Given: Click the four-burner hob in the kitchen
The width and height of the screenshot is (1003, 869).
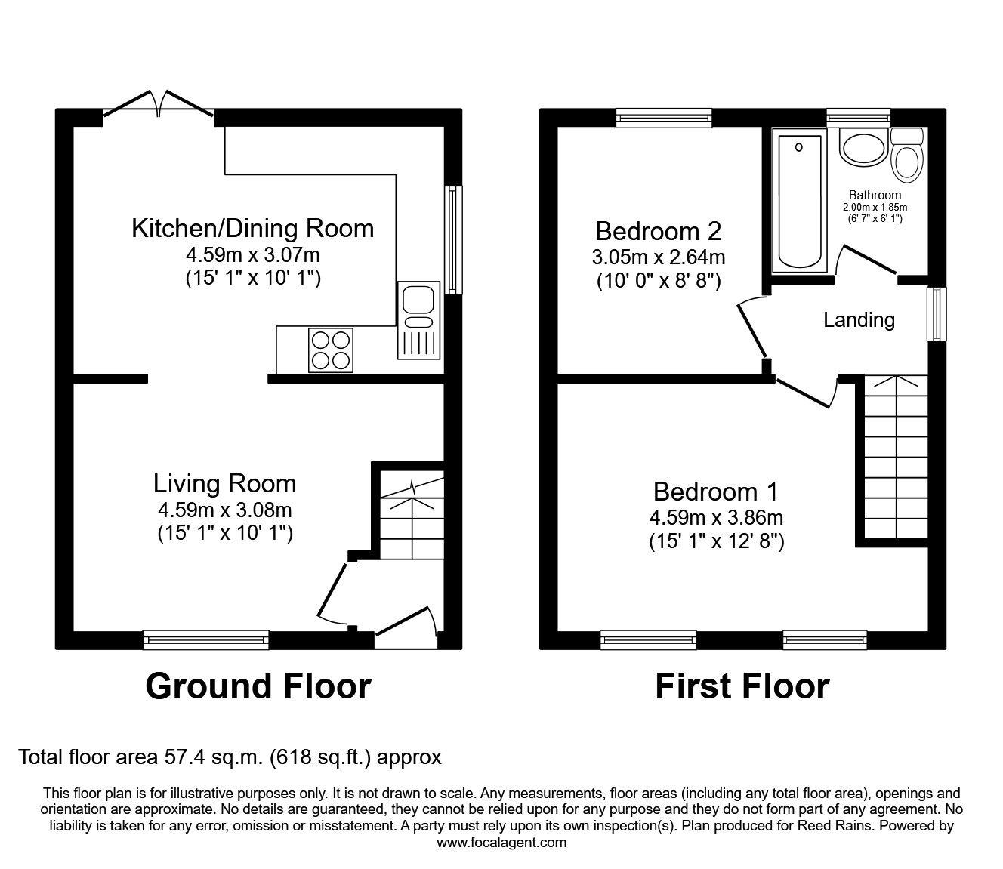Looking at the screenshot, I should click(331, 350).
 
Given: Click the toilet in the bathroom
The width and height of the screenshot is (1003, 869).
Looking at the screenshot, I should click(906, 157).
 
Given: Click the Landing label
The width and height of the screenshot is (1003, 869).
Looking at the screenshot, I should click(859, 320).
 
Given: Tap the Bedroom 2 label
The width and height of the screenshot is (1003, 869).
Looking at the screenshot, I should click(658, 230).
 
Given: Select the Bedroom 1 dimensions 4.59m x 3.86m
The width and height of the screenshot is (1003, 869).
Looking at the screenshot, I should click(715, 518).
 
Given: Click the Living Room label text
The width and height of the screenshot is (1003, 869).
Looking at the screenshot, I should click(224, 483).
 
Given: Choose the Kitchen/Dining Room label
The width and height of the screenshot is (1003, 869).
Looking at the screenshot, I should click(252, 228).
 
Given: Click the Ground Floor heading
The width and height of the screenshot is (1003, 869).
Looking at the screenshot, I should click(258, 686).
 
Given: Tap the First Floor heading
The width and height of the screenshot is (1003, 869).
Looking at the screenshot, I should click(742, 686).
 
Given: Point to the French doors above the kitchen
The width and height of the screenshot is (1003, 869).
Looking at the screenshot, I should click(159, 106).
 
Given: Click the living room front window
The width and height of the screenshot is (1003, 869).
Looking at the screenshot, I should click(206, 640).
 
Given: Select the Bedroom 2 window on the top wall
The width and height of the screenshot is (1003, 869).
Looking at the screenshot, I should click(664, 116).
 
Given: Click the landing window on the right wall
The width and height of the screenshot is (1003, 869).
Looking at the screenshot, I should click(937, 313).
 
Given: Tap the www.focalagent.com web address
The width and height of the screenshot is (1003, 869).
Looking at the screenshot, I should click(501, 843).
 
